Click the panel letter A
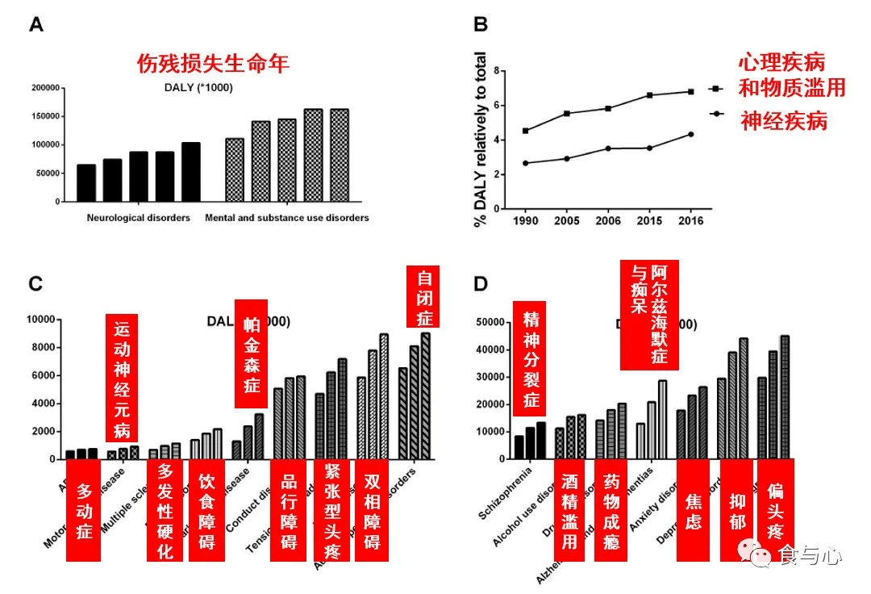(x=36, y=25)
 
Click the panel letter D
(x=481, y=283)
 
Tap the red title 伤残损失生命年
(x=213, y=63)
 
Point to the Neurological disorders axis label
(x=139, y=218)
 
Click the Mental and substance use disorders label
(x=287, y=218)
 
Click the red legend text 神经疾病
(x=784, y=121)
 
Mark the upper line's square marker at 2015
(x=651, y=95)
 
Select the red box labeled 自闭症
(x=425, y=298)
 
